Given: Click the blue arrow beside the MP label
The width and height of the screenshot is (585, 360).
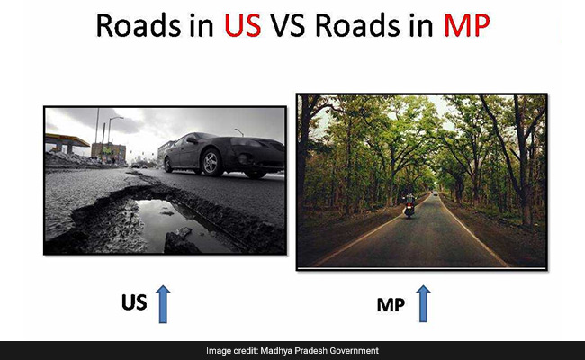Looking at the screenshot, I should (x=421, y=304).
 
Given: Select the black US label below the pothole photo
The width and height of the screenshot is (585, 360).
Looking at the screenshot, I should (x=134, y=303).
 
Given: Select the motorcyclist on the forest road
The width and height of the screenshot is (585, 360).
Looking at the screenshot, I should (x=409, y=204).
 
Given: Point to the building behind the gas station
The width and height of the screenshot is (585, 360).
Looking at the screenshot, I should (x=108, y=150).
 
